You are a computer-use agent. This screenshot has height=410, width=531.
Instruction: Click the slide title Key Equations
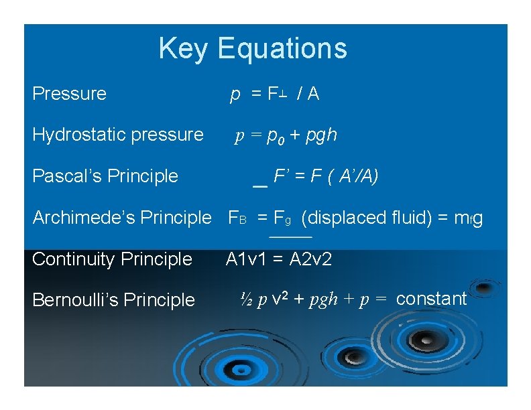253,49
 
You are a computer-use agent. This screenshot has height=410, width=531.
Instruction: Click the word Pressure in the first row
69,94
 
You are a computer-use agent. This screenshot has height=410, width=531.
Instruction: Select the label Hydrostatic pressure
117,135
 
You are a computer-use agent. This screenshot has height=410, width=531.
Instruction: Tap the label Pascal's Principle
105,176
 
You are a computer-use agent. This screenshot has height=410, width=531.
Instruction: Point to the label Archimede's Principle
121,218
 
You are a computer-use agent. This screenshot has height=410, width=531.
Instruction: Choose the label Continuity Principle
112,259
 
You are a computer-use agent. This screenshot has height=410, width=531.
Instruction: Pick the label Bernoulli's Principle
113,300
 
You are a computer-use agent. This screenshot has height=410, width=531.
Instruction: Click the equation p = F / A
274,94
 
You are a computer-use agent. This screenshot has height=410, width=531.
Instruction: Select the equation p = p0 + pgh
286,136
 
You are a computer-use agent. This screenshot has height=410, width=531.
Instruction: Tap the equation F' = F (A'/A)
326,177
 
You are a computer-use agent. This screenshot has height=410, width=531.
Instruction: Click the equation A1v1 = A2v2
279,259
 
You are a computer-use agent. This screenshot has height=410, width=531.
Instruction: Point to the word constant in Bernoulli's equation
431,299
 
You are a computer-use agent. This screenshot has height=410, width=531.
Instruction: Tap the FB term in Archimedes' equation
238,218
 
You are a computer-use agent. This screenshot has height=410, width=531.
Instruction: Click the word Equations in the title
282,49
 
